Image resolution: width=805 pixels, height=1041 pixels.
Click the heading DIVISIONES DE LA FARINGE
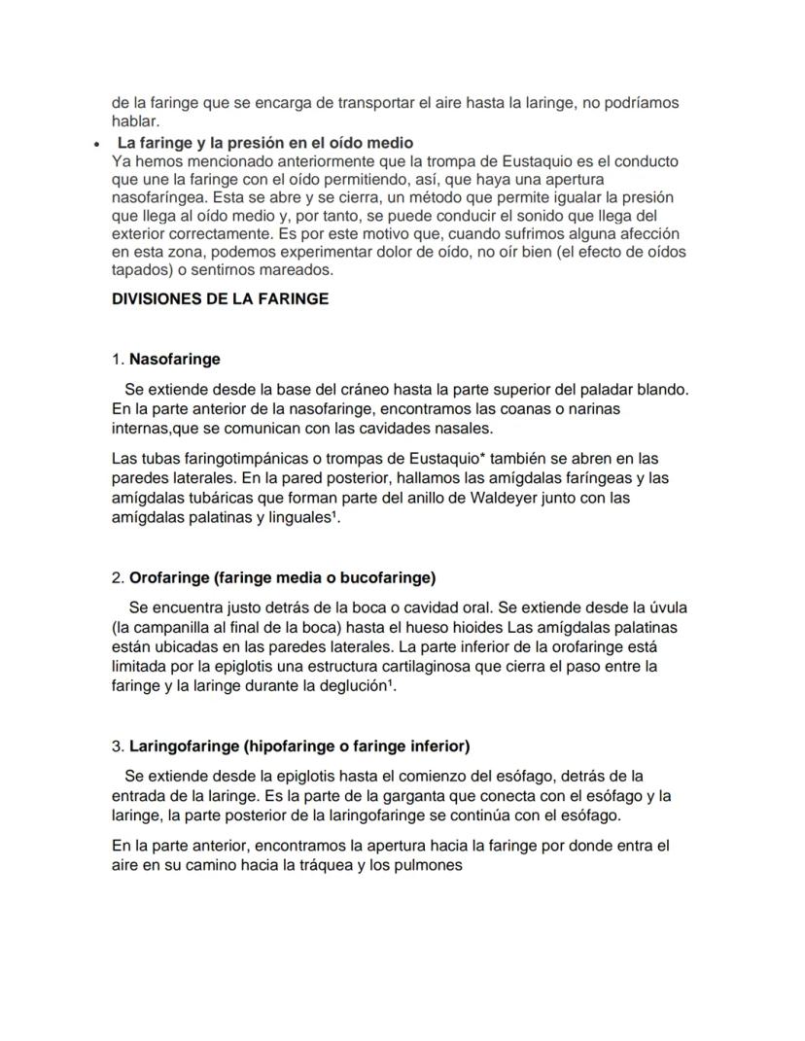(x=221, y=298)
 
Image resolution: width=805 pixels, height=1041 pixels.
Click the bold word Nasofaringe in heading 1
(x=175, y=360)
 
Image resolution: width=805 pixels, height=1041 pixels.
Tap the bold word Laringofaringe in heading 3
(x=182, y=746)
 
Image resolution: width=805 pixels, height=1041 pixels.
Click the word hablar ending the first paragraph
(x=135, y=121)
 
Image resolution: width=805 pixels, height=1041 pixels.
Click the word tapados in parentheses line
(x=139, y=270)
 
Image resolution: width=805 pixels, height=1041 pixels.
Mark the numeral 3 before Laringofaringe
(x=117, y=746)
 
